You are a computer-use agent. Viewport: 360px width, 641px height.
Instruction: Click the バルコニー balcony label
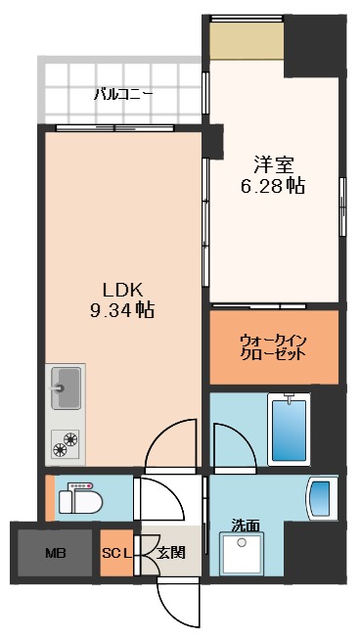pyautogui.click(x=122, y=95)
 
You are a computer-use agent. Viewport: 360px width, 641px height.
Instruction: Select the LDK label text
pyautogui.click(x=124, y=289)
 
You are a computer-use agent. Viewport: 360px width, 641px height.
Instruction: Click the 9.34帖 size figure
pyautogui.click(x=124, y=310)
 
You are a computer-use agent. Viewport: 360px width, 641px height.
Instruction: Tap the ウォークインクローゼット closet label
pyautogui.click(x=274, y=346)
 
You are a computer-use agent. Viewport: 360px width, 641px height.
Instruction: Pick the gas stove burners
pyautogui.click(x=66, y=442)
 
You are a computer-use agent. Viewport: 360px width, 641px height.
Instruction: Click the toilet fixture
pyautogui.click(x=78, y=500)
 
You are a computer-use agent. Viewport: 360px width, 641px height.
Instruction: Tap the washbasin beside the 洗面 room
pyautogui.click(x=321, y=499)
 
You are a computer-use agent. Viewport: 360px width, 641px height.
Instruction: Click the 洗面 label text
pyautogui.click(x=246, y=524)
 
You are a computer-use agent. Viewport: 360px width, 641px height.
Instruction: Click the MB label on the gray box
pyautogui.click(x=55, y=553)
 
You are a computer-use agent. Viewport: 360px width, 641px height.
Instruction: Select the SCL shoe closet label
pyautogui.click(x=116, y=553)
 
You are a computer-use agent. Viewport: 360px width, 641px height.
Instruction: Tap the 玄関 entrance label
pyautogui.click(x=170, y=553)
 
